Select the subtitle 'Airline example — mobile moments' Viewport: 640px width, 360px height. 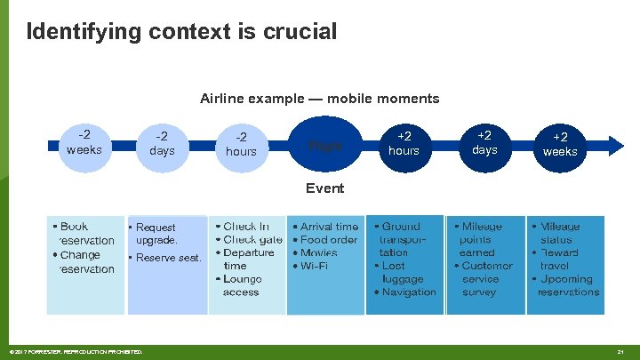tap(319, 98)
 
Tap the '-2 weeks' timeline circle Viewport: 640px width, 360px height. tap(84, 143)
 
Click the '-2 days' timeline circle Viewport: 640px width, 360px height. tap(162, 144)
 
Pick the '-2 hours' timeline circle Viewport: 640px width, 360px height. tap(241, 144)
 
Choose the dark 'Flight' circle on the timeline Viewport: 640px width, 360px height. tap(324, 145)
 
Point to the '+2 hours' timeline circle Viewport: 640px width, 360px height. tap(404, 144)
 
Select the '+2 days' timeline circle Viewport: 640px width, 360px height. tap(484, 143)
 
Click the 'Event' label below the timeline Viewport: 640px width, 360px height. tap(324, 188)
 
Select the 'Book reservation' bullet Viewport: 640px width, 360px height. tap(84, 234)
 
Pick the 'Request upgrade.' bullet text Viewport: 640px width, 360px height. tap(156, 234)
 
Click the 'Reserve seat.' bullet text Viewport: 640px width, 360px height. tap(168, 258)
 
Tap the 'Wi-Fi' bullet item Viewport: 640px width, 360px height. tap(315, 266)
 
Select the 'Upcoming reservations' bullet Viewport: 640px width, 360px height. tap(567, 285)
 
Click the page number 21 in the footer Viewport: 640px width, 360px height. tap(620, 352)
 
